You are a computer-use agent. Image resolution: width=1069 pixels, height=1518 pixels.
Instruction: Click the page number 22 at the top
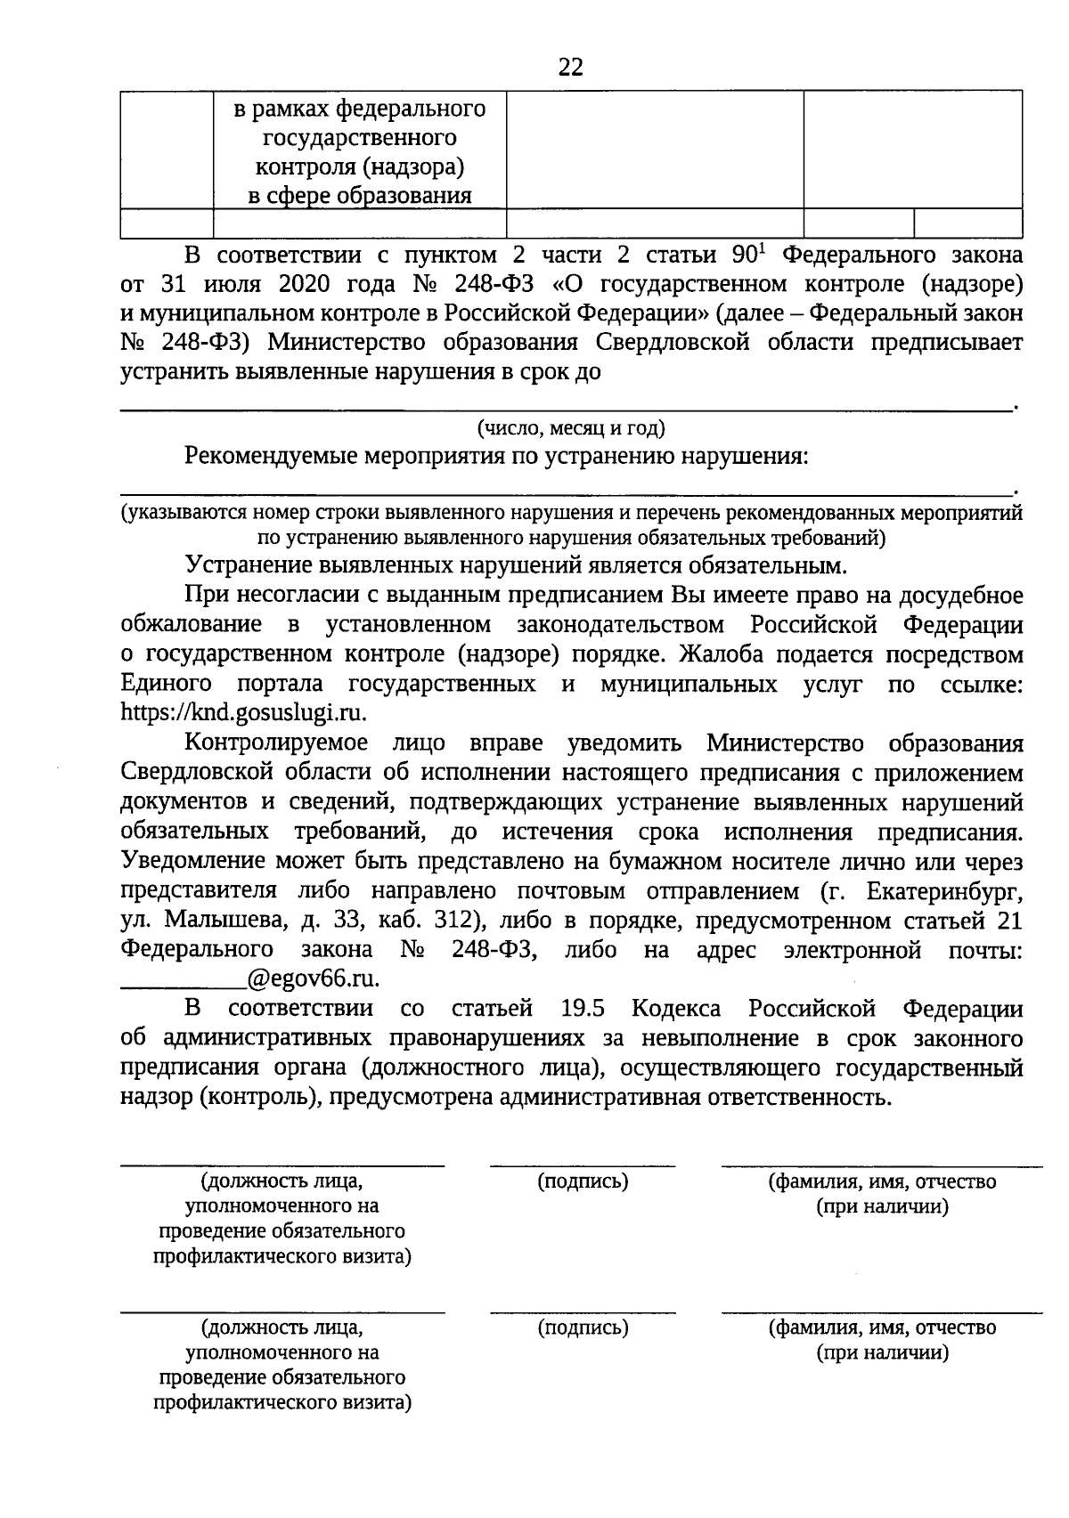(571, 67)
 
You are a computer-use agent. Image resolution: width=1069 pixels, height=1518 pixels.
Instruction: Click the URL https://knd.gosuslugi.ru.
(243, 713)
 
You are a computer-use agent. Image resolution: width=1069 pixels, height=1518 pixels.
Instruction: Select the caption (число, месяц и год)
(571, 428)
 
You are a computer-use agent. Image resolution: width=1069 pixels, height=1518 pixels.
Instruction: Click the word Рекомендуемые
(267, 457)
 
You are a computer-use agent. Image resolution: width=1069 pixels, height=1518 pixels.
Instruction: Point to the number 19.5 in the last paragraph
(583, 1009)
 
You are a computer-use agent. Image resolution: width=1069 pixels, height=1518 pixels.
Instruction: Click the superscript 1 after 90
(762, 248)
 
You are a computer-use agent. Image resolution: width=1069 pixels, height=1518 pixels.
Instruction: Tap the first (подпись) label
(583, 1181)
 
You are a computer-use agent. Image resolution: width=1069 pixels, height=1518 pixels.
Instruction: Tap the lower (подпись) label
(583, 1327)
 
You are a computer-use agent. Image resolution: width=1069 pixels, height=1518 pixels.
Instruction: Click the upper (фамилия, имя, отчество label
(882, 1181)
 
